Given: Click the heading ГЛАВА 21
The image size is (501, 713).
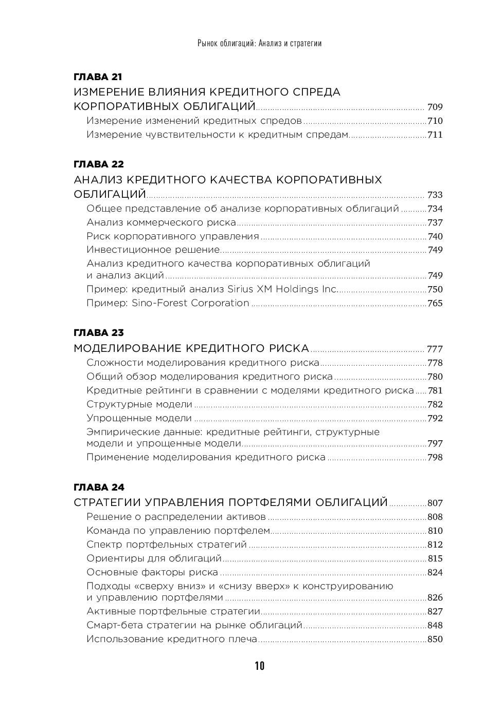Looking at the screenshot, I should coord(98,77).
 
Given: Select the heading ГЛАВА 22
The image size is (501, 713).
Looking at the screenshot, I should coord(99,164).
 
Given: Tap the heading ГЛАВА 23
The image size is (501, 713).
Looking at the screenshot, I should coord(99,333).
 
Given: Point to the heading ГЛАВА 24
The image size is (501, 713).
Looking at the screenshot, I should coord(99,487).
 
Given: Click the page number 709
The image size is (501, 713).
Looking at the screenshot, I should coord(435,107).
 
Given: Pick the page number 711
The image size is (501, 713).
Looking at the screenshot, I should coord(435,135).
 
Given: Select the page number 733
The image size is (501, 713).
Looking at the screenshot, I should coord(435,195).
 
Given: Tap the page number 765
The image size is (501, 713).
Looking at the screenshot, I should coord(435,303).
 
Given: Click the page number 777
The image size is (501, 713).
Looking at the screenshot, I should coord(435,349).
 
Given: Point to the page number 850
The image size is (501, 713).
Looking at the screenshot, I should coord(435,640).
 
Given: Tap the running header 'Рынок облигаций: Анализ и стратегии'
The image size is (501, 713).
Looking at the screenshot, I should coord(259,43).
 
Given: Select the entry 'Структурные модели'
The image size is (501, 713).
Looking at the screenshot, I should coord(139,404).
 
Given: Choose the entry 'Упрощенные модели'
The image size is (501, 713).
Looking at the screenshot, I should coord(139,418).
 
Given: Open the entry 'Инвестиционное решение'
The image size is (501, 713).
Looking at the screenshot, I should coord(153,250).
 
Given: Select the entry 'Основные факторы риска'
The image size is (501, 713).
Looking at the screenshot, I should coord(152,572).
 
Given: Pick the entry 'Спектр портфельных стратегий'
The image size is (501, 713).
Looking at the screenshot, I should coord(167,545).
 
